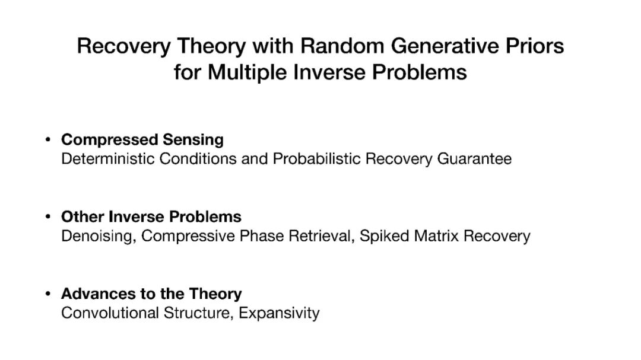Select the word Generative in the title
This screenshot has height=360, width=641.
(445, 46)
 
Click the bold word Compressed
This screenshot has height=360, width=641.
(110, 140)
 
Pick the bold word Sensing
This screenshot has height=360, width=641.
(193, 140)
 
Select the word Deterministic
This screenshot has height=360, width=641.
(108, 158)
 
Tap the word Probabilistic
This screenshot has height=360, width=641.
(316, 158)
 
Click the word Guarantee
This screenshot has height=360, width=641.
(474, 158)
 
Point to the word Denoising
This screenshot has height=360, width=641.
(99, 236)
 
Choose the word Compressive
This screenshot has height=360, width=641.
(188, 236)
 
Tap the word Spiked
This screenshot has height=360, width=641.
(384, 236)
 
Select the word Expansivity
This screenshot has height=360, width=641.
(279, 313)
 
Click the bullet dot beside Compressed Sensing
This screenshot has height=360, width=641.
(48, 140)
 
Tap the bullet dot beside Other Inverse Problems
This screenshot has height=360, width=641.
(48, 217)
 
